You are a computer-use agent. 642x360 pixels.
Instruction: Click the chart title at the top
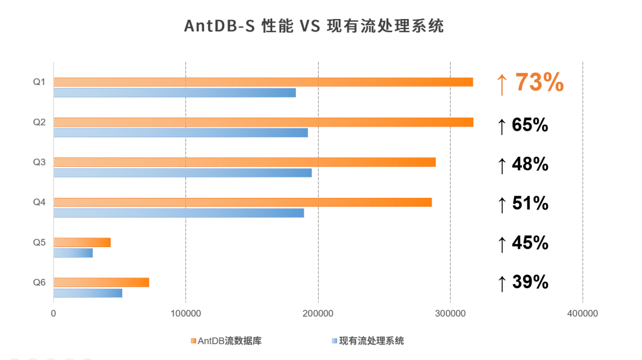pos(314,26)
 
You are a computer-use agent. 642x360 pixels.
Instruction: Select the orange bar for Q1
pos(263,82)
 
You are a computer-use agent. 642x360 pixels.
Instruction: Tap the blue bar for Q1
pos(174,93)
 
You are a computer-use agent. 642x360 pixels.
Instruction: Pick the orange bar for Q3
pos(244,162)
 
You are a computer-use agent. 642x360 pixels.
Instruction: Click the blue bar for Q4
pos(178,213)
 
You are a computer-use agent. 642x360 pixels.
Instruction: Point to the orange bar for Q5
pos(82,242)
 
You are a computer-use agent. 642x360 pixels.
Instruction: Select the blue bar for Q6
pos(88,293)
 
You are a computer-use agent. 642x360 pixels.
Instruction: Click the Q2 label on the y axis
pos(39,122)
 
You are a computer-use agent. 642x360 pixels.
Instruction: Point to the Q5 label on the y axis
pos(39,242)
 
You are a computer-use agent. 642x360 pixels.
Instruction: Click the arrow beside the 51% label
pos(502,204)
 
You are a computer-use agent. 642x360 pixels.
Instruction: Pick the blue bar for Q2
pos(181,132)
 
